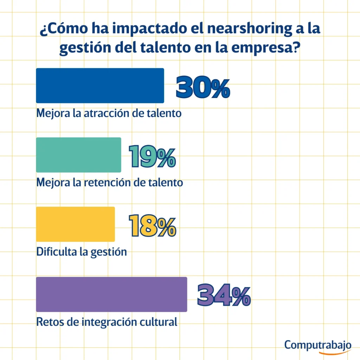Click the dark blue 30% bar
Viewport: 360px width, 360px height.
[100, 85]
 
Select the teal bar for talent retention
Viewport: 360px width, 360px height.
[78, 155]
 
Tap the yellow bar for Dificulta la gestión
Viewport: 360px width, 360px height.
[75, 224]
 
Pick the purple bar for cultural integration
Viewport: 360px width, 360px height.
[111, 294]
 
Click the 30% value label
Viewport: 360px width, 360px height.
[203, 88]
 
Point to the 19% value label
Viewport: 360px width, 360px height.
[152, 157]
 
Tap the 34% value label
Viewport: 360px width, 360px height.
[224, 296]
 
